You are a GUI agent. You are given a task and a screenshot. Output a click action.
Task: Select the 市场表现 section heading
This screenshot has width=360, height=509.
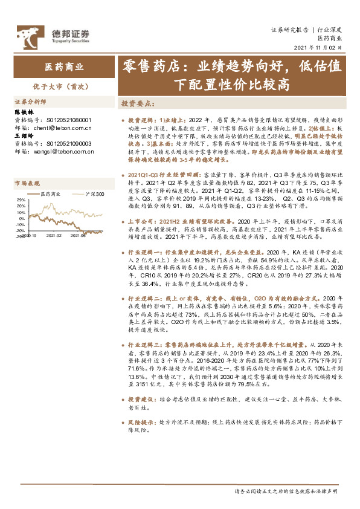pos(27,183)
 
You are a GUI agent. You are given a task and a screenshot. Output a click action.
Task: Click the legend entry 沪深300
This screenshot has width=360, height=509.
pos(95,194)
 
